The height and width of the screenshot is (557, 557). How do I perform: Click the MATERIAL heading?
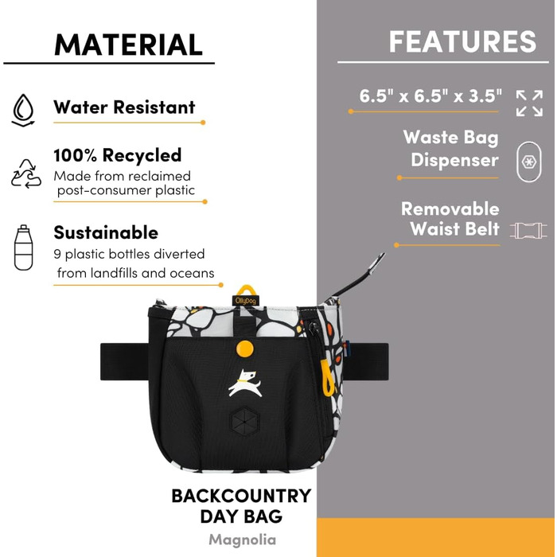[x=128, y=45]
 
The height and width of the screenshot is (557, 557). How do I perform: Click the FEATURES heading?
[x=462, y=41]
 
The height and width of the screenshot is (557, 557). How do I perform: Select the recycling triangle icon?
[x=25, y=173]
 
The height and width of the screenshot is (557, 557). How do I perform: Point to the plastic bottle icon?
[x=23, y=247]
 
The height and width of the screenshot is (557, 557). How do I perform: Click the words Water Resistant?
[x=124, y=107]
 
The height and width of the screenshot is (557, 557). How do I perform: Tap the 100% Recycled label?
[x=118, y=155]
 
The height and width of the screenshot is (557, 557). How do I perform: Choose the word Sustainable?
[x=106, y=233]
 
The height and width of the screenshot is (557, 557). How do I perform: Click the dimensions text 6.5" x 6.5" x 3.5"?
[x=430, y=97]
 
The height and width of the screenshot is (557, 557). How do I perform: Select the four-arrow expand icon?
[x=529, y=103]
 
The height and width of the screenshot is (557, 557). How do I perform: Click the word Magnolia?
[x=242, y=539]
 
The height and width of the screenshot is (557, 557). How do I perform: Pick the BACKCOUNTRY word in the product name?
[x=241, y=497]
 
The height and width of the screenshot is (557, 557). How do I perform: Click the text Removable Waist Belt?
[x=450, y=220]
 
